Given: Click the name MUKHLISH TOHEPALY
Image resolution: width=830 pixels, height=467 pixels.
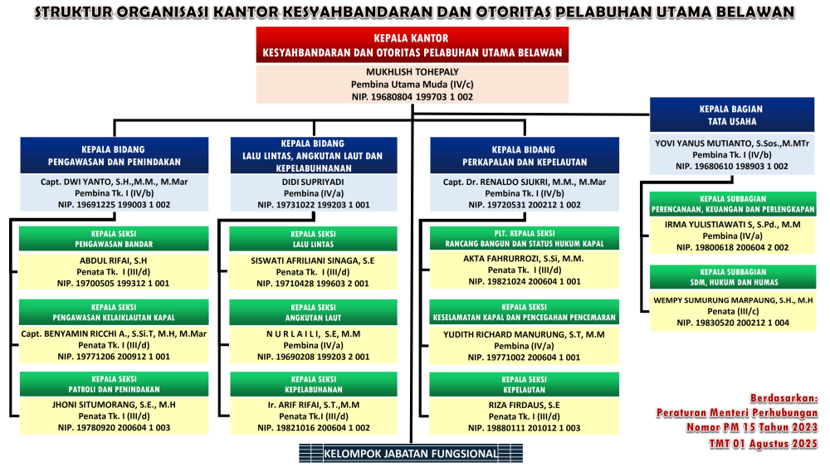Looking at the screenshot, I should [x=413, y=72].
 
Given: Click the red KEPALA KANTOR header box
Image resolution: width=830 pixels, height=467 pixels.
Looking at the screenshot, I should [x=413, y=46].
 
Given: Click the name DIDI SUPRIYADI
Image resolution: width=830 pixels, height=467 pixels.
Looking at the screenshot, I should [x=313, y=181].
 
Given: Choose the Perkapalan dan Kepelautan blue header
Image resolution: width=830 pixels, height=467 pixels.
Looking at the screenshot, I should [x=523, y=155].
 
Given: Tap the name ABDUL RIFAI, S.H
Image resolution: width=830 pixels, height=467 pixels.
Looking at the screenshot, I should [x=112, y=260].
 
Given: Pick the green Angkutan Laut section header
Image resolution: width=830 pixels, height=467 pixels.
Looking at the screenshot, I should [x=313, y=313].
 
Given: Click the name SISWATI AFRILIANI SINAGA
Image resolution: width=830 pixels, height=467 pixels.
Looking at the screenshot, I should [x=313, y=260].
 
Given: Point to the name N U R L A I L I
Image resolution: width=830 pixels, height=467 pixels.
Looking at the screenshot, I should [x=313, y=333].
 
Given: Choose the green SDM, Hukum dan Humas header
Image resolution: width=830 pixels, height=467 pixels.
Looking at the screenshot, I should [x=732, y=277].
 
